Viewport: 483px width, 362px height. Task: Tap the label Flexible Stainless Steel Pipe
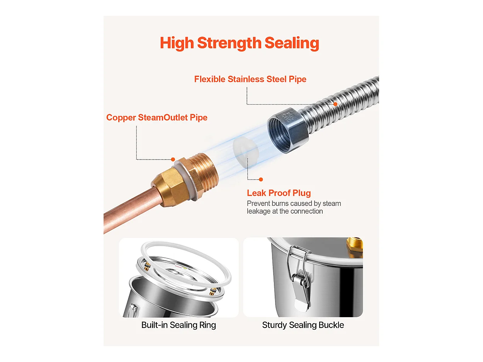tap(250, 79)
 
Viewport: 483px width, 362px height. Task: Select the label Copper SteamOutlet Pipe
tap(157, 117)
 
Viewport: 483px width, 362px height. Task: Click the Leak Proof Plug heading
tap(279, 193)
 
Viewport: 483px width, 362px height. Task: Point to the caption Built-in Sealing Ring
tap(179, 325)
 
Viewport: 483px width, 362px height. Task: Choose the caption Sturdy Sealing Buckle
tap(303, 325)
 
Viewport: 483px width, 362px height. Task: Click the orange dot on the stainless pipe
tap(335, 104)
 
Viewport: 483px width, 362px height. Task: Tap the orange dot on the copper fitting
tap(173, 160)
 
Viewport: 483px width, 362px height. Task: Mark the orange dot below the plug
tap(261, 180)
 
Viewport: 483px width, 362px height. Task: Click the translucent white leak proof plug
tap(245, 152)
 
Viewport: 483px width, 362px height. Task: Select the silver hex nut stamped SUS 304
tap(288, 131)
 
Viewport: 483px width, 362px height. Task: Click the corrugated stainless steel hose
tap(341, 104)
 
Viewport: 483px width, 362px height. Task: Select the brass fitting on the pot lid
tap(354, 246)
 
